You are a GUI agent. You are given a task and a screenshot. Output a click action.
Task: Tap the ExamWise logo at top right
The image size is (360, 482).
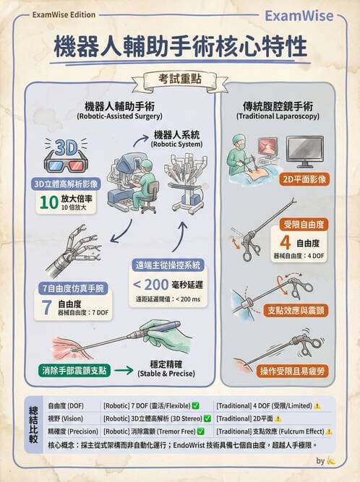pos(299,15)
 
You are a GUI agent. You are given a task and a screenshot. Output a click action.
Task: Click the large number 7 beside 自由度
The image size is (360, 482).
pos(46,309)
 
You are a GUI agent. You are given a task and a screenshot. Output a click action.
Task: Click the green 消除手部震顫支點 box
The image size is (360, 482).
pos(75,371)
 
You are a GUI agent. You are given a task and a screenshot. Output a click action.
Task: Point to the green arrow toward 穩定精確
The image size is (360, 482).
pos(123,371)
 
